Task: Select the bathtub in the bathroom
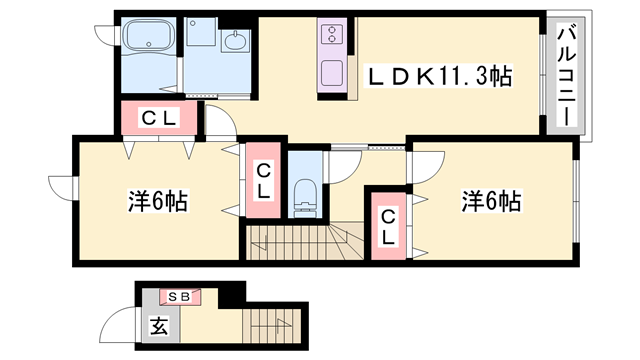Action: coord(149,40)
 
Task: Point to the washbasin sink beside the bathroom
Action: coord(237,43)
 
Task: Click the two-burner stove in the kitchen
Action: coord(331,37)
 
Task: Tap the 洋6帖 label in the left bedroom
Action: coord(159,201)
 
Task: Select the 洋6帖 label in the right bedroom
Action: coord(490,201)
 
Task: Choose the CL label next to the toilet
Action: coord(263,181)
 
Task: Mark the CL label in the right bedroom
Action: coord(388,225)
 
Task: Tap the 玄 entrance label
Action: coord(158,325)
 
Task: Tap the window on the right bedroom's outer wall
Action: coord(576,200)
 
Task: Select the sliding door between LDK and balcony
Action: coord(546,76)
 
